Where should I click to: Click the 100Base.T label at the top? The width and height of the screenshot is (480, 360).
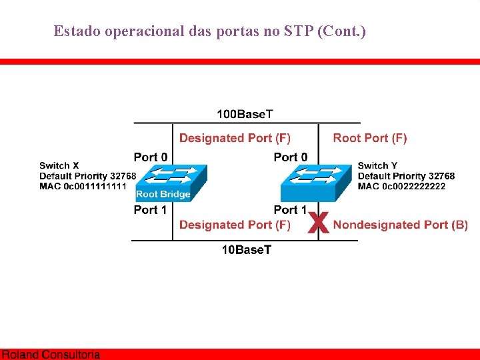245,115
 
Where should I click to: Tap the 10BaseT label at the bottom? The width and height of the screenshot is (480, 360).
247,250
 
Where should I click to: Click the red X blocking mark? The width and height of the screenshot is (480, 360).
319,223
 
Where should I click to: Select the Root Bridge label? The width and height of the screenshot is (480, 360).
163,195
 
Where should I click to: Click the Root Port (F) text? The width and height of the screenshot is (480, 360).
370,138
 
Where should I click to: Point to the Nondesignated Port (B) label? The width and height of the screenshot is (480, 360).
401,225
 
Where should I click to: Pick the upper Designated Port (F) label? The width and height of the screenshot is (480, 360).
235,138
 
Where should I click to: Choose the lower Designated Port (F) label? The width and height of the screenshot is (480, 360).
235,225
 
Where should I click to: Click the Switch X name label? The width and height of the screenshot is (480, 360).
59,165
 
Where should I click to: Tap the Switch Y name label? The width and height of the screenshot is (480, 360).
377,165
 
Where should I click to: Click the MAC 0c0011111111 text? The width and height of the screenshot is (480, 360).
83,186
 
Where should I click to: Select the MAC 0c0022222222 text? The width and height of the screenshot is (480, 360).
401,186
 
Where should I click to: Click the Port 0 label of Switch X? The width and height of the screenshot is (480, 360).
151,157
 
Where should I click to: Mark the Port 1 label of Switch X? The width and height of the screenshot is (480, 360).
151,210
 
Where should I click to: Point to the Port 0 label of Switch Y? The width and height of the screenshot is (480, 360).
291,157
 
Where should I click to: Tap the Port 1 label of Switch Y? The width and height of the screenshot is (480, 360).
291,210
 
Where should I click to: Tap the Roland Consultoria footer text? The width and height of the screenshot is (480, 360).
51,355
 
